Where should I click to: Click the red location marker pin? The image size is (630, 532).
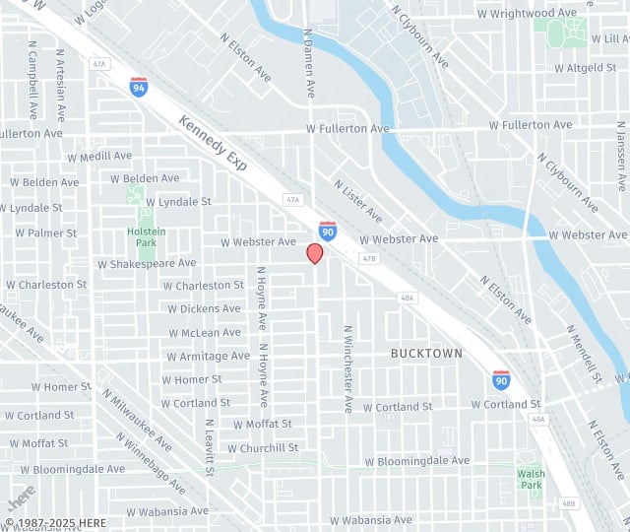tap(315, 253)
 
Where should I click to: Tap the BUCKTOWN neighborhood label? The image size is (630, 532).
tap(426, 353)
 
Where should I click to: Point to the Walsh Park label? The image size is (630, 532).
tap(531, 479)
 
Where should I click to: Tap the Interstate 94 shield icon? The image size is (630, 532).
tap(139, 87)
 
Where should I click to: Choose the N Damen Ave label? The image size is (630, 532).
tap(309, 63)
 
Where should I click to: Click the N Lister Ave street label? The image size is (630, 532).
tap(357, 200)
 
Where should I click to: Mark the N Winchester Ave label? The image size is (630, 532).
tap(347, 368)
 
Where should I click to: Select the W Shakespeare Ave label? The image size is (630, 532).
tap(147, 263)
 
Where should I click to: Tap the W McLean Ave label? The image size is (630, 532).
tap(205, 333)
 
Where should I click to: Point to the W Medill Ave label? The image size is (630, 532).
tap(98, 156)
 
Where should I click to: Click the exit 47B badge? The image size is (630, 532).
tap(369, 259)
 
